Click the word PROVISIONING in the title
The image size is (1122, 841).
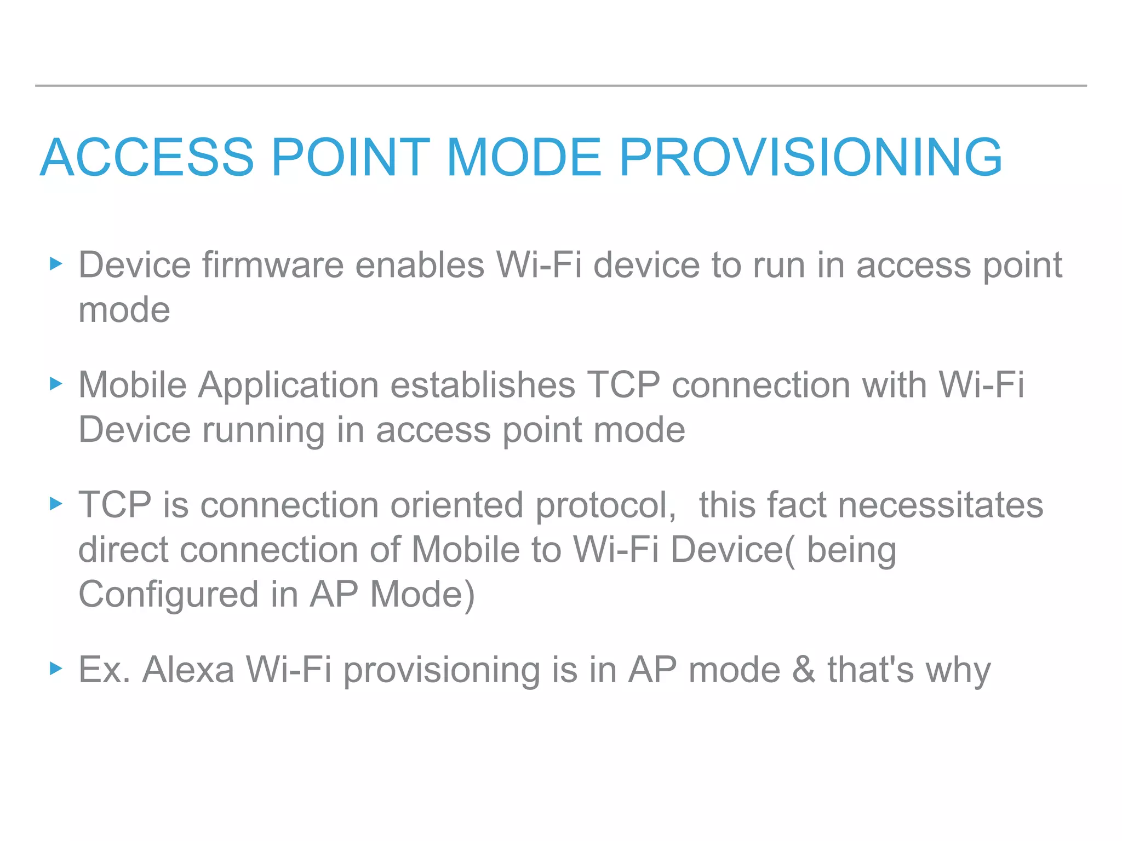[x=810, y=158]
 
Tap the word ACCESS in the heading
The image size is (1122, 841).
[x=147, y=158]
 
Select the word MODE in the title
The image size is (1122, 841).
[x=524, y=158]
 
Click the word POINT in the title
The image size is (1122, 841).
[x=351, y=158]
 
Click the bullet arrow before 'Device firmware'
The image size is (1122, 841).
[x=56, y=264]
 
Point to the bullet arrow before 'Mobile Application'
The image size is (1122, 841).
[x=56, y=384]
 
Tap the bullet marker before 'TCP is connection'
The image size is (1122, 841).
[x=56, y=504]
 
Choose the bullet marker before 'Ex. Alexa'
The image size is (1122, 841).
[x=56, y=669]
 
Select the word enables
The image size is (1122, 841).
[x=420, y=266]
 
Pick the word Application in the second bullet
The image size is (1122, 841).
[x=288, y=385]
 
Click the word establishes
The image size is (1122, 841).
[x=483, y=385]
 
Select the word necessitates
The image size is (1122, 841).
[x=941, y=505]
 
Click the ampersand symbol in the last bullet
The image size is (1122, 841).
[x=804, y=670]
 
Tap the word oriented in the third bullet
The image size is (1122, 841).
[x=456, y=505]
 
